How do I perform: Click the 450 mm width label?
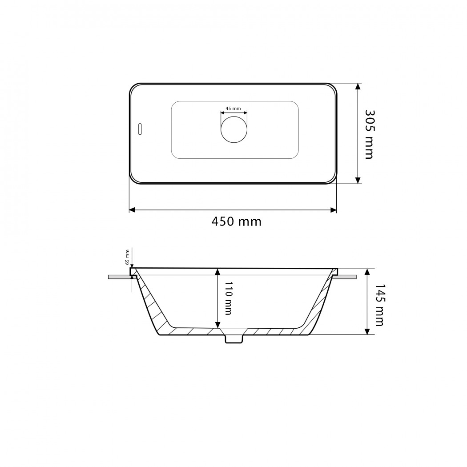coord(236,222)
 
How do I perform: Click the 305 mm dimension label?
coord(370,135)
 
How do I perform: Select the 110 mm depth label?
coord(228,298)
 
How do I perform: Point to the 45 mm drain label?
coord(233,109)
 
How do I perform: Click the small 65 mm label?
coord(127,257)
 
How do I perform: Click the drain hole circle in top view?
coord(234,129)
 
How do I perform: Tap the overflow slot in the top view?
coord(140,129)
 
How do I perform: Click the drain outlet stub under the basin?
coord(234,339)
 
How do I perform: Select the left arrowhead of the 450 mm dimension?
coord(132,210)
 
